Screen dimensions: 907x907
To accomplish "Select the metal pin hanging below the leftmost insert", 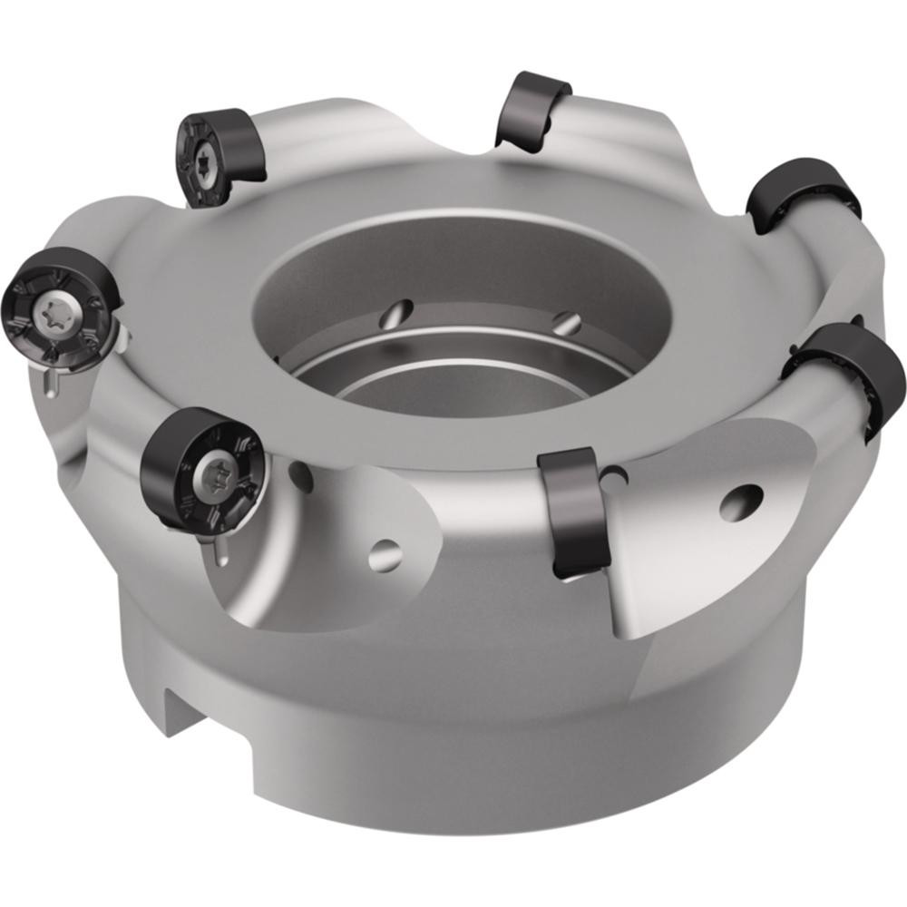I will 50,382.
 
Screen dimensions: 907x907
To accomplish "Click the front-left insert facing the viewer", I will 201,467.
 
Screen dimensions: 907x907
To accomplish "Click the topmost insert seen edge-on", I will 532,108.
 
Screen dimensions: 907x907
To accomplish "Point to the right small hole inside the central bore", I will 566,321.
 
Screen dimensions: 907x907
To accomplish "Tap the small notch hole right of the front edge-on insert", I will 617,475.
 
